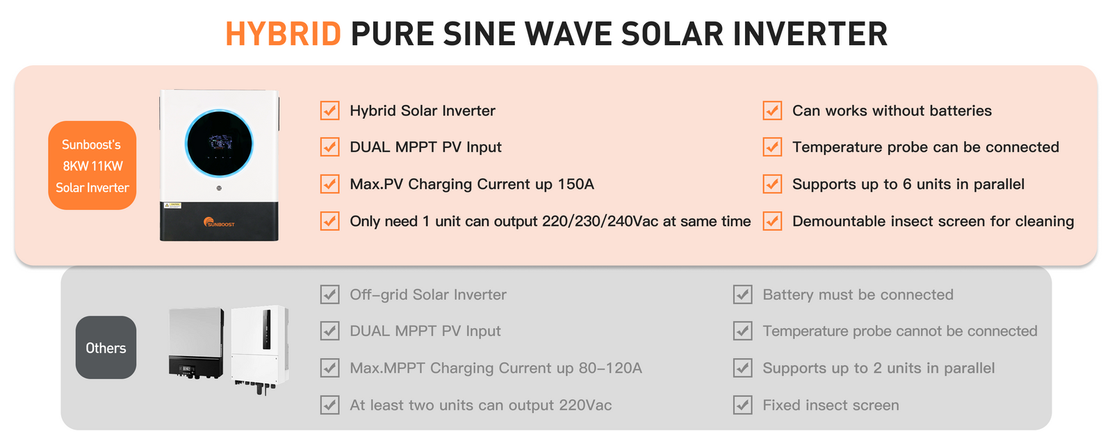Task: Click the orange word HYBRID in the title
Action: click(x=284, y=34)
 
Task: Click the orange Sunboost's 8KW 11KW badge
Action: click(x=92, y=165)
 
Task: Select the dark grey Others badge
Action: click(x=106, y=348)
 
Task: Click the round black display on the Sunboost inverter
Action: click(x=219, y=143)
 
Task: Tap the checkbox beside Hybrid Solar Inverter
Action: click(x=329, y=111)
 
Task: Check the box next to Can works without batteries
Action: click(x=772, y=111)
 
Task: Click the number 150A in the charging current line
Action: click(x=576, y=184)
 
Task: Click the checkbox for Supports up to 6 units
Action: click(x=772, y=184)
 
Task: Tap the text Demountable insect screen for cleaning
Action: click(x=933, y=222)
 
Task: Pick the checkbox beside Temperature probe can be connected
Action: click(x=772, y=147)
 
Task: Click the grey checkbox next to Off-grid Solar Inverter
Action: click(x=329, y=295)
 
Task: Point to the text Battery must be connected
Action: click(x=858, y=295)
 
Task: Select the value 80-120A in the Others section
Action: click(x=610, y=368)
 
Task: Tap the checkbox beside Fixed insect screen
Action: click(x=743, y=405)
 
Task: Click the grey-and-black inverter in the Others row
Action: click(x=196, y=343)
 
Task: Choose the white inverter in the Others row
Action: click(x=260, y=349)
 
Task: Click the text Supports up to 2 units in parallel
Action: click(x=878, y=368)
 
